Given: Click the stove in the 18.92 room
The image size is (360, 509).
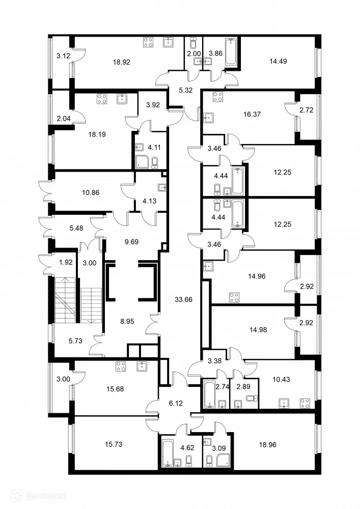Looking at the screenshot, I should point(149,43).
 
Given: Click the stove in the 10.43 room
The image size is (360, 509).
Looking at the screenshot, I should point(305,404).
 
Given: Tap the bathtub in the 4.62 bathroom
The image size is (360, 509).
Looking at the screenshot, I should point(168,451).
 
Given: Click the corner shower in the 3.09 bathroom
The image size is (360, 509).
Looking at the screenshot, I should point(222,460).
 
